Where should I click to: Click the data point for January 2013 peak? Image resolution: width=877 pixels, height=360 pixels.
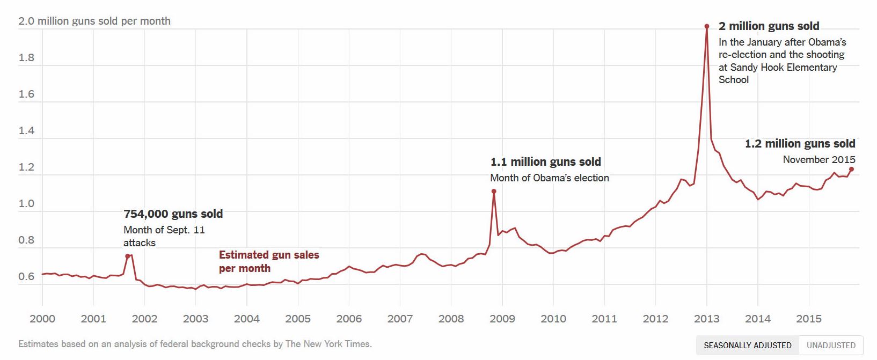pos(707,26)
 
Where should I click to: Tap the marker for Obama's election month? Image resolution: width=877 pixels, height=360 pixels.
pos(494,191)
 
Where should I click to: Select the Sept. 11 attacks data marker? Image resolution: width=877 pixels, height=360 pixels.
pos(128,256)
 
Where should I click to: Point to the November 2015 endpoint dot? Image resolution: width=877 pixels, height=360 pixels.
pos(851,169)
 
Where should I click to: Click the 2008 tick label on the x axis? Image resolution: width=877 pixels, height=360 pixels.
pos(451,319)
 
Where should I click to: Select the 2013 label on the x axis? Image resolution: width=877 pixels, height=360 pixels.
pos(706,319)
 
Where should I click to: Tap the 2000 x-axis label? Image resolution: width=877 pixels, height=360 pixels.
pos(42,319)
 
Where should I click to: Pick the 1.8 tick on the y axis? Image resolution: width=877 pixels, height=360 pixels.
pos(26,58)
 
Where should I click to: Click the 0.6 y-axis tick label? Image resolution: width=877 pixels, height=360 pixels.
pos(26,276)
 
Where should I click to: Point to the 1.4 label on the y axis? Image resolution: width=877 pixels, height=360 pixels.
pos(26,131)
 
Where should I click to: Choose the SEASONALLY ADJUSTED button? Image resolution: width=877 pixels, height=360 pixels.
pos(747,345)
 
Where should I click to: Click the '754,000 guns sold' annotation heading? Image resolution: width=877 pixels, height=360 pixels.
pos(173,214)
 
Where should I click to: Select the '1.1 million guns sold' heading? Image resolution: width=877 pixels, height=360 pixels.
pos(545,162)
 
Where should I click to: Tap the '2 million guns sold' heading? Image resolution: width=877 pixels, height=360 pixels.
pos(769,26)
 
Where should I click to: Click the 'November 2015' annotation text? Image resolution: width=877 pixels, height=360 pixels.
pos(818,160)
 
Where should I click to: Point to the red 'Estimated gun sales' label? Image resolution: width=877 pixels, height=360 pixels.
pos(269,255)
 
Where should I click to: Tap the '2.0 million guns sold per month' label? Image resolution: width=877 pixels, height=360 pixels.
pos(94,21)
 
